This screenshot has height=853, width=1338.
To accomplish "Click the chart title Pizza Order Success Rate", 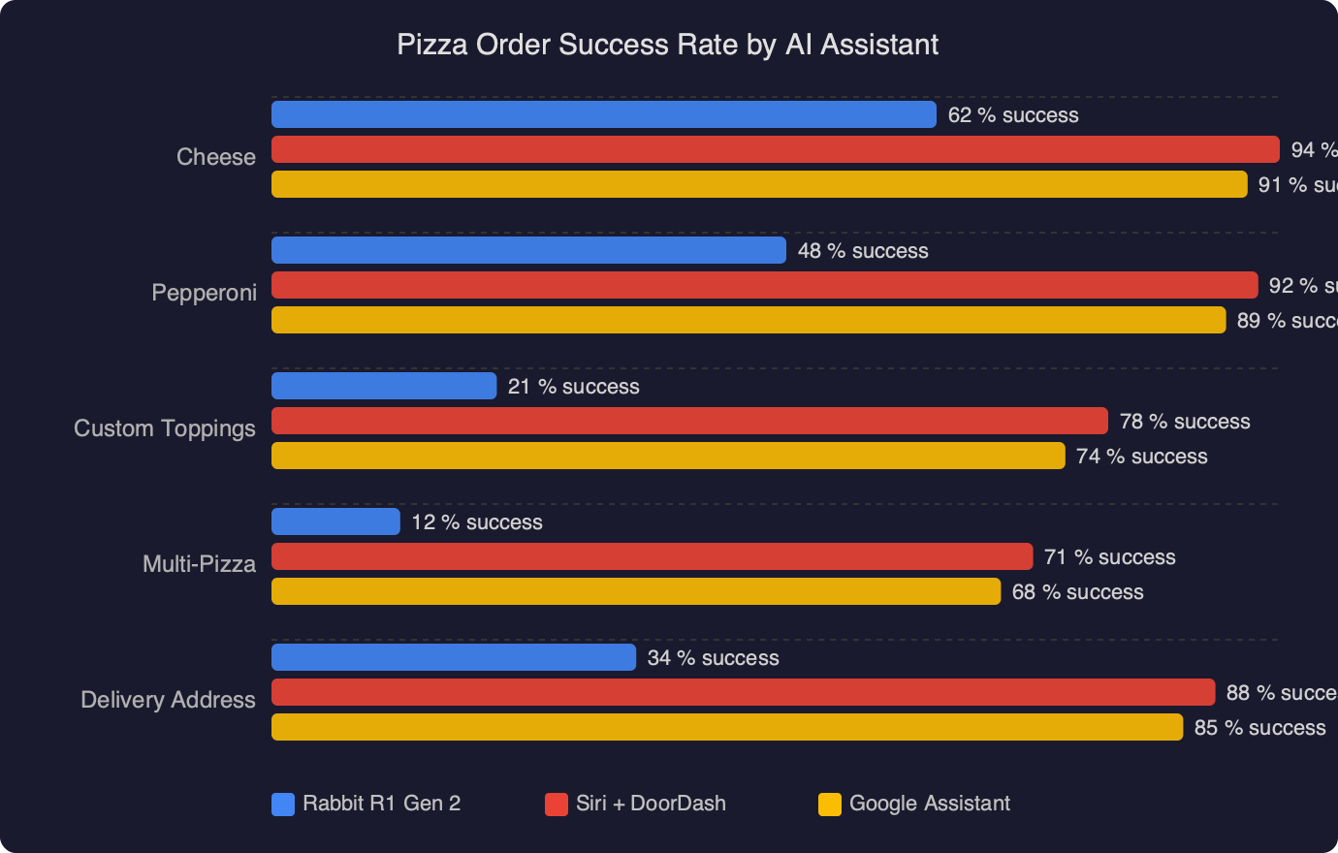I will click(667, 45).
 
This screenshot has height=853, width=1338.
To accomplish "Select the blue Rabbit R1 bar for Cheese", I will click(603, 114).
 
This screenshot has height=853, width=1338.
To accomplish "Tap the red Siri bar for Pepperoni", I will click(764, 285).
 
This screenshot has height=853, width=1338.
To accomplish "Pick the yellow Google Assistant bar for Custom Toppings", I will click(668, 456).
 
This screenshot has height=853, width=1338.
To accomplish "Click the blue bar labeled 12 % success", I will click(335, 521).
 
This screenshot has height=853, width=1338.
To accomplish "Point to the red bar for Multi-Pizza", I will click(652, 556).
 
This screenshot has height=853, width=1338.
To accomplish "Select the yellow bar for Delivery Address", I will click(727, 727).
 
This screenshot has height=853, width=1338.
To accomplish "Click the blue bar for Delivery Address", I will click(454, 657).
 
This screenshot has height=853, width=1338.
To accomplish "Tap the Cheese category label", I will click(216, 157).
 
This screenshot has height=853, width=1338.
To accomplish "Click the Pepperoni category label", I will click(204, 293).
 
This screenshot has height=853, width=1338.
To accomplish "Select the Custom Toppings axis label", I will click(165, 428).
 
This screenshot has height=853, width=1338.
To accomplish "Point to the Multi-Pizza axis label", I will click(199, 564).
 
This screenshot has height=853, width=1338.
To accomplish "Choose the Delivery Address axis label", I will click(168, 700).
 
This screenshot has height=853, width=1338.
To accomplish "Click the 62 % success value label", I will click(1013, 115).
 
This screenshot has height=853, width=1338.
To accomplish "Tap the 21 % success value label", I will click(574, 387).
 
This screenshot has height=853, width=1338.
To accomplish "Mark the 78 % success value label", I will click(1185, 422).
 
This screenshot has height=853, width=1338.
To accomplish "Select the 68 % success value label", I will click(1077, 592).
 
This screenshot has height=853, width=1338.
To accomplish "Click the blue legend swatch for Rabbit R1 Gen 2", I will click(283, 805).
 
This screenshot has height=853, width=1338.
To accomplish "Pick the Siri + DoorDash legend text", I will click(651, 804).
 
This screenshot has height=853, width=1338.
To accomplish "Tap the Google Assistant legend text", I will click(929, 804).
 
